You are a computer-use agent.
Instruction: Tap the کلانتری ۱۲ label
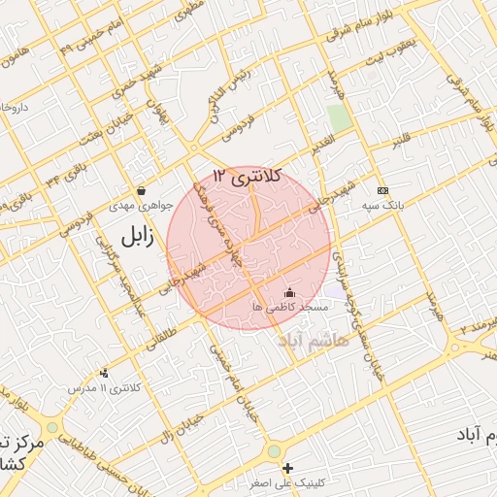click(x=247, y=176)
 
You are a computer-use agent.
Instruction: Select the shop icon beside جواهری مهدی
click(x=142, y=191)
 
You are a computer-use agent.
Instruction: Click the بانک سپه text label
click(x=385, y=206)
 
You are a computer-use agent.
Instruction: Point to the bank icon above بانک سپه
click(x=382, y=190)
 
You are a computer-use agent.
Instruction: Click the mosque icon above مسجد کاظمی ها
click(x=288, y=292)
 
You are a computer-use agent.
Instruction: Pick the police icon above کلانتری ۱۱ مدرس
click(x=104, y=373)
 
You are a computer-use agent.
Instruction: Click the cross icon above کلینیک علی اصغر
click(x=287, y=468)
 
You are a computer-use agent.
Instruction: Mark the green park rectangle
click(x=339, y=119)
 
